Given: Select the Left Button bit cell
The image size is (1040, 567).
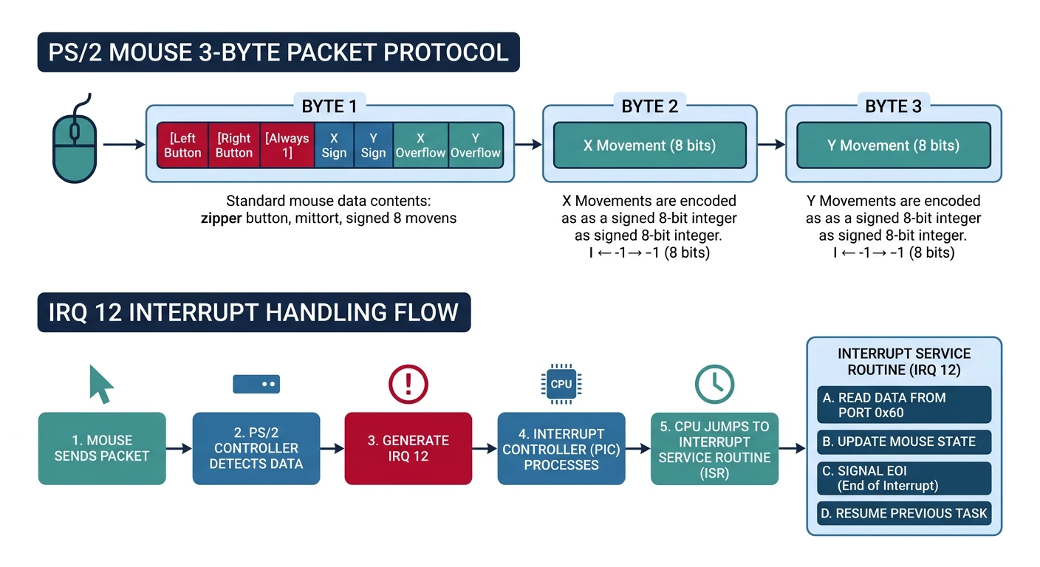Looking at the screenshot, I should [x=182, y=145].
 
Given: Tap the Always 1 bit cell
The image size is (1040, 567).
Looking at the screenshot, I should [x=287, y=145].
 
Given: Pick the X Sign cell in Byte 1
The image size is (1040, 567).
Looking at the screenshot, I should [x=334, y=145].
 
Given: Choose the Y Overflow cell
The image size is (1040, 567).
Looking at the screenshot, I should [x=476, y=145].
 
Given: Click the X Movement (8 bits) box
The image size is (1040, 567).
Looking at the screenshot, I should [x=649, y=145].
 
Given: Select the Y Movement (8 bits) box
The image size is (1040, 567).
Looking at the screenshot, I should [x=893, y=145].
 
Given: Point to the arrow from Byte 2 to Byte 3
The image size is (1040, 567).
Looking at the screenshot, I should [x=771, y=145].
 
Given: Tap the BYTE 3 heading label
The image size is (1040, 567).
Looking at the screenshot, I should [x=893, y=106].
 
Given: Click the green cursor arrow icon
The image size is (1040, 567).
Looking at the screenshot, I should [x=101, y=384].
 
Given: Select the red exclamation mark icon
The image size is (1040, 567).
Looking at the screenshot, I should [x=408, y=385].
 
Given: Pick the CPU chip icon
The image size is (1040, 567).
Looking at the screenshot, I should [x=561, y=385].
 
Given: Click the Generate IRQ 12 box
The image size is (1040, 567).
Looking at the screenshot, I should [x=408, y=448].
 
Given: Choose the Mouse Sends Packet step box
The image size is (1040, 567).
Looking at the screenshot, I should [x=102, y=448].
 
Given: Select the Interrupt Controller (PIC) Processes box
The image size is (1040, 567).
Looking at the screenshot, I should [x=561, y=448].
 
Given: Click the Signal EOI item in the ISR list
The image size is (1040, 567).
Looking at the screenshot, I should [x=904, y=478].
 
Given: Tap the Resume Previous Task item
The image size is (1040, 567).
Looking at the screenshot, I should [x=904, y=513].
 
